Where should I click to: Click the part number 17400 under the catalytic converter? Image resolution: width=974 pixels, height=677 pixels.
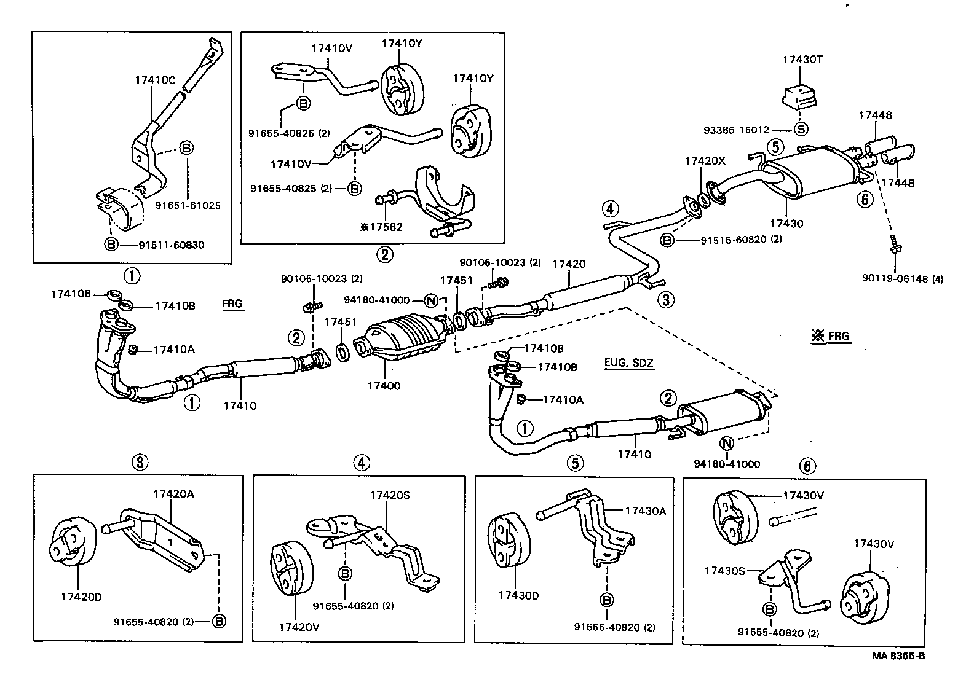[384, 386]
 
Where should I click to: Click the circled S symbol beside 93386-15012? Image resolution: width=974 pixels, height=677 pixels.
[801, 130]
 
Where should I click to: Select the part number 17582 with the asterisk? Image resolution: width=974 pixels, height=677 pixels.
[382, 227]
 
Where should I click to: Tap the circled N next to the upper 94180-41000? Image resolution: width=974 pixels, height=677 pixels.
[431, 300]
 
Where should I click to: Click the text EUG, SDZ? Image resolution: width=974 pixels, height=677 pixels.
[629, 364]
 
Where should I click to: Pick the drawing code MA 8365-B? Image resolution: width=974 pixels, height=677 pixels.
[898, 655]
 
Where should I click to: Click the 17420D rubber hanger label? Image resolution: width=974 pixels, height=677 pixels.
[80, 597]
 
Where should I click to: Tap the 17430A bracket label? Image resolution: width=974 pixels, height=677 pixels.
[646, 511]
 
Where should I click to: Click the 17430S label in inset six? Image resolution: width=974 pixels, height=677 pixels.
[724, 571]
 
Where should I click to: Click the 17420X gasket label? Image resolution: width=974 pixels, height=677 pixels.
[705, 161]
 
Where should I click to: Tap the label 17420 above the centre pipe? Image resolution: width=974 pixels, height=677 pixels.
[569, 264]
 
